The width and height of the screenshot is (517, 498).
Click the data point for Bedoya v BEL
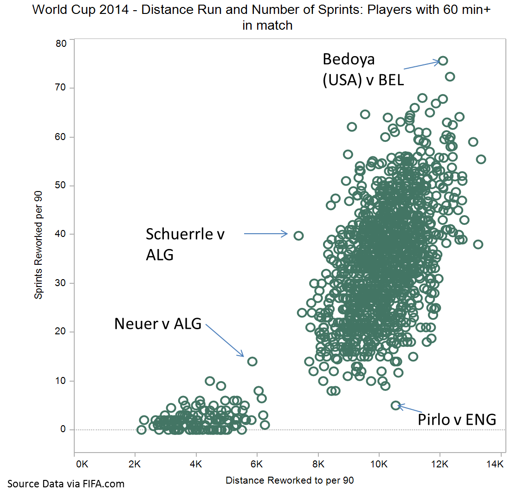(x=443, y=61)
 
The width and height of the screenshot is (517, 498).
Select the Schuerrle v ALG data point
(x=298, y=236)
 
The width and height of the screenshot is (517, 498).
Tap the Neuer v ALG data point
(x=252, y=361)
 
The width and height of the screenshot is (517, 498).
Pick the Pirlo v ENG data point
(x=395, y=405)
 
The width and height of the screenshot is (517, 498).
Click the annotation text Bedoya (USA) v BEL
(x=363, y=70)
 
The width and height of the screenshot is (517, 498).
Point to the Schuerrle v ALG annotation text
(x=185, y=244)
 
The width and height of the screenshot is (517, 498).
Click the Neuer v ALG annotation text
(x=158, y=324)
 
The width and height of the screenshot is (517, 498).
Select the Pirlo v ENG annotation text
(x=457, y=420)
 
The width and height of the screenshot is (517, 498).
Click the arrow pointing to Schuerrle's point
(x=266, y=234)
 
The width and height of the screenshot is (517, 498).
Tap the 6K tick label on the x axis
(x=257, y=464)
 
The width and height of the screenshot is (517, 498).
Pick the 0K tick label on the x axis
(x=81, y=464)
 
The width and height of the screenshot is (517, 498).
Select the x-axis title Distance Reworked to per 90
(x=290, y=480)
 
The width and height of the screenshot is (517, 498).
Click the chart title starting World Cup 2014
(x=267, y=17)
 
